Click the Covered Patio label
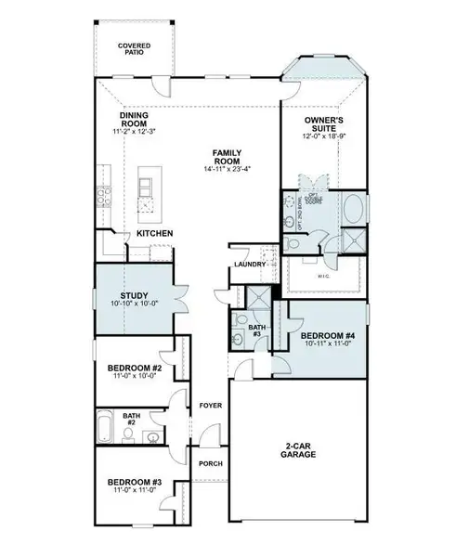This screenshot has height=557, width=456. [x=135, y=48]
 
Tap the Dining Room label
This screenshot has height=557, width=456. [x=135, y=120]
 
